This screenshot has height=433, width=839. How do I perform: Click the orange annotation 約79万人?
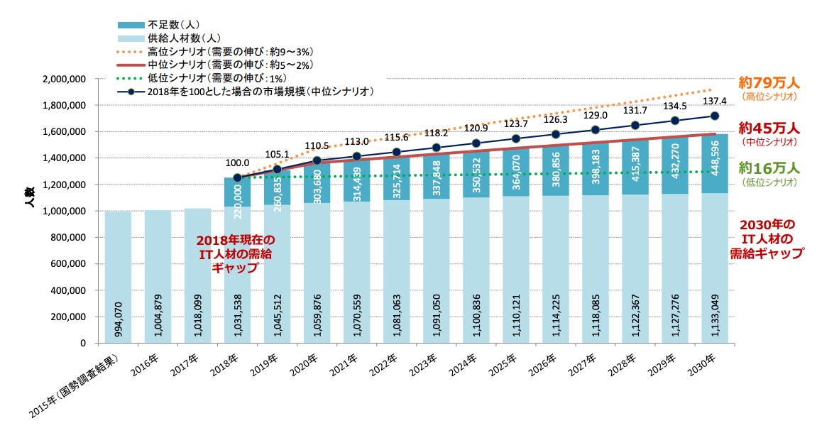pos(769,83)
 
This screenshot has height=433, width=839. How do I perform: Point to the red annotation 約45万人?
pos(769,128)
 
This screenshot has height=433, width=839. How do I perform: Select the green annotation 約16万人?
pos(769,168)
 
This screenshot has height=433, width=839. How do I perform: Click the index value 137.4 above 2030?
pos(714,101)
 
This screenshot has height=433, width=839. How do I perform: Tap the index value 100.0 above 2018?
pos(238,163)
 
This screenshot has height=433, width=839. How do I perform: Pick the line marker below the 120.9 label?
pos(476,143)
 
